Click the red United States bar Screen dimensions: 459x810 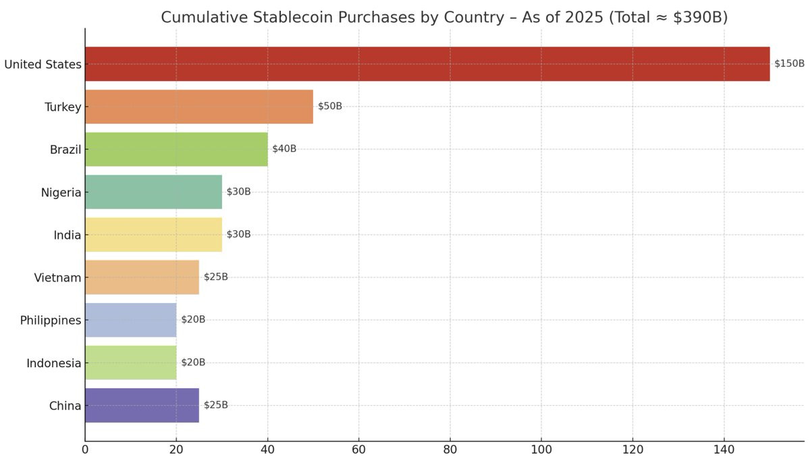[427, 64]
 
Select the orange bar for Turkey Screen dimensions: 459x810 [199, 107]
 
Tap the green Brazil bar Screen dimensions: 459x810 [176, 149]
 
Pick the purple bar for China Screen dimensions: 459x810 [142, 406]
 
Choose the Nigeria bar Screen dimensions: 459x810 [153, 192]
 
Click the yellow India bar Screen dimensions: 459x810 [153, 235]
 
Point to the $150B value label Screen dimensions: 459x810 [789, 63]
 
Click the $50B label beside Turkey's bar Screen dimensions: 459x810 [330, 106]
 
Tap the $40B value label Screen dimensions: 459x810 [284, 148]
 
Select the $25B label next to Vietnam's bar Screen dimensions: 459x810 [216, 277]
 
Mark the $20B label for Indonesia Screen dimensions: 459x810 [193, 362]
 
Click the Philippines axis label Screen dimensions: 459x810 [51, 321]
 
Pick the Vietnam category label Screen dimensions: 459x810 [57, 277]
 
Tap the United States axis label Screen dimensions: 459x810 [43, 65]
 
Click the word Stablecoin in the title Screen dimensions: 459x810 [300, 18]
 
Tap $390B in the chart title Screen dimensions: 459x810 [698, 18]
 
